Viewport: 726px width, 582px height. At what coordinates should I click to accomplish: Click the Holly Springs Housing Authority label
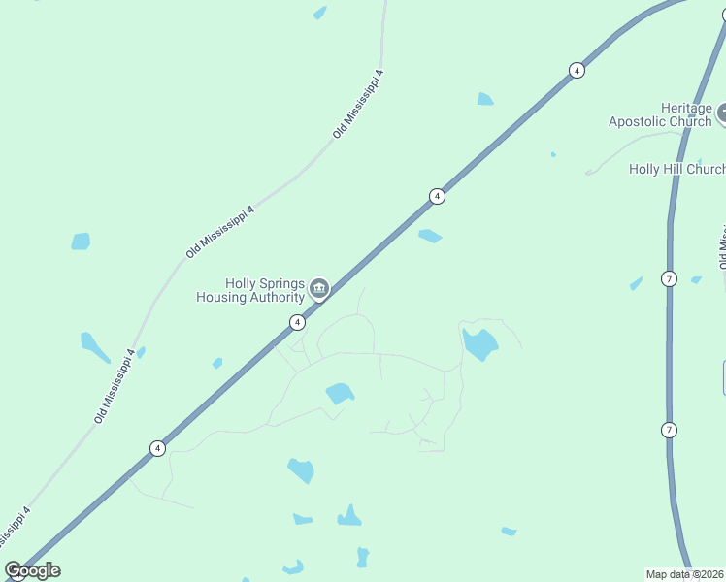250,290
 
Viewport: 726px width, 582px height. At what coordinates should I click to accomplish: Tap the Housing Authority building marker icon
318,288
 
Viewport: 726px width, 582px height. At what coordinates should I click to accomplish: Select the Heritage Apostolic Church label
660,114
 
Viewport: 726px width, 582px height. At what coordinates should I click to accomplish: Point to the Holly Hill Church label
676,169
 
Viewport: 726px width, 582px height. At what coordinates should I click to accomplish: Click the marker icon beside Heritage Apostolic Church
722,115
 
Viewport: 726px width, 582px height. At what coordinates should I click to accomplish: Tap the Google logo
32,570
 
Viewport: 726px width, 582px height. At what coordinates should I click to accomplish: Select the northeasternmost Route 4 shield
577,70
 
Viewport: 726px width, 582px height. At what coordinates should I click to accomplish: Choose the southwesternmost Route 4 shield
157,448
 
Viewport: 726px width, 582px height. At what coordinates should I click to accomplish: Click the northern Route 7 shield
669,279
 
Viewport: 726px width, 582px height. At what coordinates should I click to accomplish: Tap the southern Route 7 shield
669,430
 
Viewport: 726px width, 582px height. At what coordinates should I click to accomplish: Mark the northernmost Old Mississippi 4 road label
358,104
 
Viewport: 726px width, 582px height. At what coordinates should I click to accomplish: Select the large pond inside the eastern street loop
479,343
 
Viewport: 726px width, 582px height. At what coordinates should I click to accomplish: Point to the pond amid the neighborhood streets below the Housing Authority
340,393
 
